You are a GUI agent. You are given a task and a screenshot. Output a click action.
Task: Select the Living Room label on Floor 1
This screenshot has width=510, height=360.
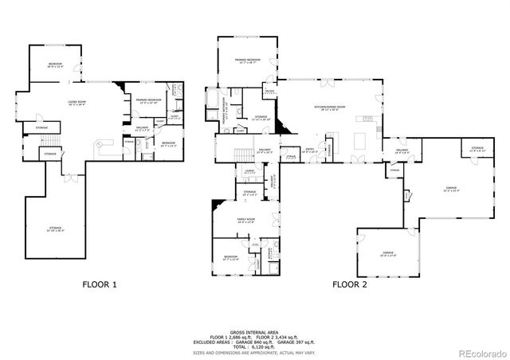pos(76,103)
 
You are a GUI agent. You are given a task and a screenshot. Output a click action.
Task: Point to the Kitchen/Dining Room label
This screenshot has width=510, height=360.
pos(329,108)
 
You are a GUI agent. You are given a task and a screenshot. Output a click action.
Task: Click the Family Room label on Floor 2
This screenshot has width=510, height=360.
pos(245,221)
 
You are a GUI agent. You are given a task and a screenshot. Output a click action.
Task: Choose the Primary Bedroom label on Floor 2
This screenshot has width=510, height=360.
pos(245,61)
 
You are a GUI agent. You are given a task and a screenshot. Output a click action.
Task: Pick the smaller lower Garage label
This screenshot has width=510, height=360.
pos(387,254)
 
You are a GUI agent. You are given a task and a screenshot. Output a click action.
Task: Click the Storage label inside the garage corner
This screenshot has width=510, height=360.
pos(477,149)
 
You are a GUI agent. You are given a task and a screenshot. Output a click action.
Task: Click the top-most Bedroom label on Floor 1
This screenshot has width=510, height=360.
pos(55,63)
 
